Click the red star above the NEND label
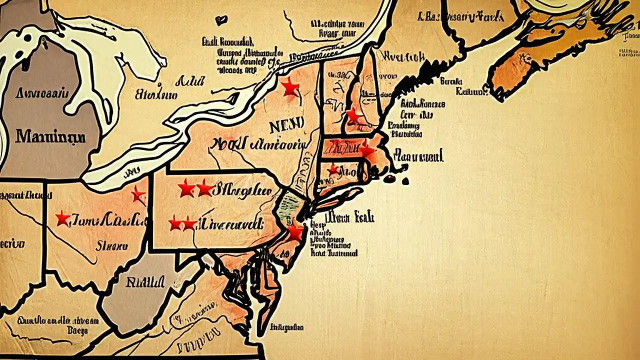click(x=289, y=87)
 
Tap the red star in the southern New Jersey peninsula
click(x=295, y=232)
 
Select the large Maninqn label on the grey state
click(x=50, y=136)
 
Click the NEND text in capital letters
click(x=286, y=126)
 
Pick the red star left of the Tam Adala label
click(x=62, y=218)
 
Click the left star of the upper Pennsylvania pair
click(x=186, y=188)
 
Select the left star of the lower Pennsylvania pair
click(x=174, y=223)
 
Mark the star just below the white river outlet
click(x=137, y=194)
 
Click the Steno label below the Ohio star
click(x=111, y=245)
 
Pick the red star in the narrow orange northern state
click(x=354, y=115)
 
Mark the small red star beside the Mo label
click(x=332, y=170)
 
